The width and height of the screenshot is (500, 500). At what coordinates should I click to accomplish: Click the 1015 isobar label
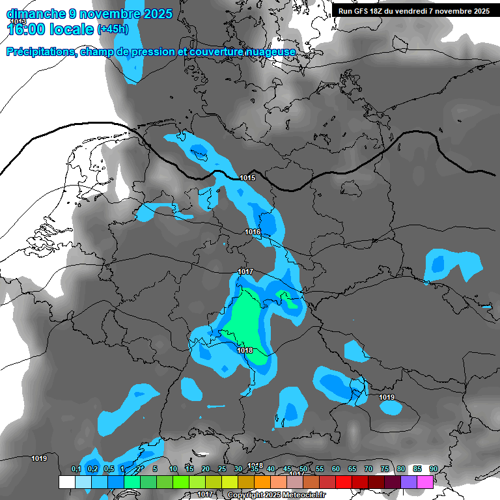(x=247, y=178)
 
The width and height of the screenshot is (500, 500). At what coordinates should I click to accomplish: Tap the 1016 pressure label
(x=253, y=232)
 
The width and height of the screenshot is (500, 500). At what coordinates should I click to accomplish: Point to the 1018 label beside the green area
(x=245, y=350)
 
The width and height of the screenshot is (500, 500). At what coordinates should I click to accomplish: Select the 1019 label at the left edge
(x=39, y=458)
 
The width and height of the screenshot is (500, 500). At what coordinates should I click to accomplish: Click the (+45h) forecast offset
(x=113, y=29)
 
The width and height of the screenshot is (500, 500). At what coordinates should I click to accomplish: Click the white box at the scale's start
(x=66, y=482)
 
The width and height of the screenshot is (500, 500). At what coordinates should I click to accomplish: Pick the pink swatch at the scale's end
(x=425, y=482)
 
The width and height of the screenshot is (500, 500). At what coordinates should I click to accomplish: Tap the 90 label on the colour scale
(x=434, y=469)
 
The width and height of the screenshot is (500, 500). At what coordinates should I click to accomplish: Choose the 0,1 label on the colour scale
(x=76, y=469)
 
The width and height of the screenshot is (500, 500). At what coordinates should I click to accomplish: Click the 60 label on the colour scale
(x=336, y=469)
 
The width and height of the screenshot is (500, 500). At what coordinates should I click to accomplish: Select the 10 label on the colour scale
(x=173, y=469)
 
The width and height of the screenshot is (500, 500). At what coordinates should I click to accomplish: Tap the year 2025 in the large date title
(x=154, y=14)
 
